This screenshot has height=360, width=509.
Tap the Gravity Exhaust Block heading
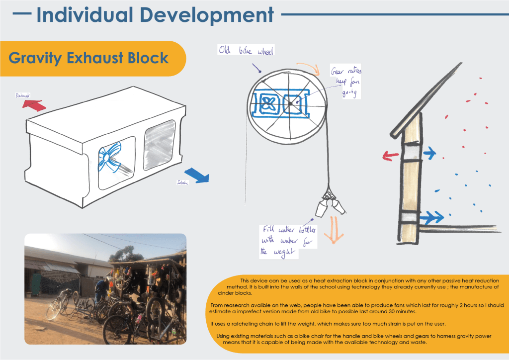tap(88, 58)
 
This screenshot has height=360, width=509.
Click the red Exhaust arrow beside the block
tap(34, 104)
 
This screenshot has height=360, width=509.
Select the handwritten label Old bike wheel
tap(247, 51)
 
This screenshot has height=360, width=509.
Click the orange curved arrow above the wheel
tap(304, 66)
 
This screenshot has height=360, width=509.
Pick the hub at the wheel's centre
tap(289, 103)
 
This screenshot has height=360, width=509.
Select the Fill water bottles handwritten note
tap(281, 241)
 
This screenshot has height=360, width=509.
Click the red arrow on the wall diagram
tap(391, 155)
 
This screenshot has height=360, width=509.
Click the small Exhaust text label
tap(23, 94)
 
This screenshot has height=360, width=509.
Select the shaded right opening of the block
tap(159, 144)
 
